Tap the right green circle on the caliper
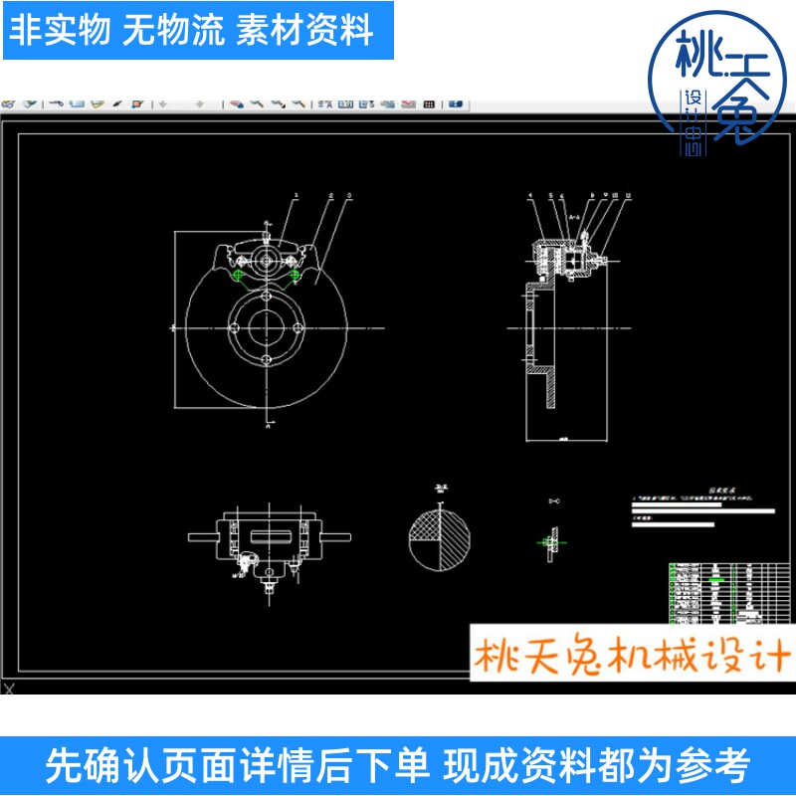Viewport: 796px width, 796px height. click(296, 276)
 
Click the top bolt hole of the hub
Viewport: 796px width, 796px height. click(267, 297)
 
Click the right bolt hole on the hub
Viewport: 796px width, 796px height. click(298, 328)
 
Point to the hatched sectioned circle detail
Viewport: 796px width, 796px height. click(439, 538)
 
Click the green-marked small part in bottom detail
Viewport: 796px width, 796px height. click(546, 541)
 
